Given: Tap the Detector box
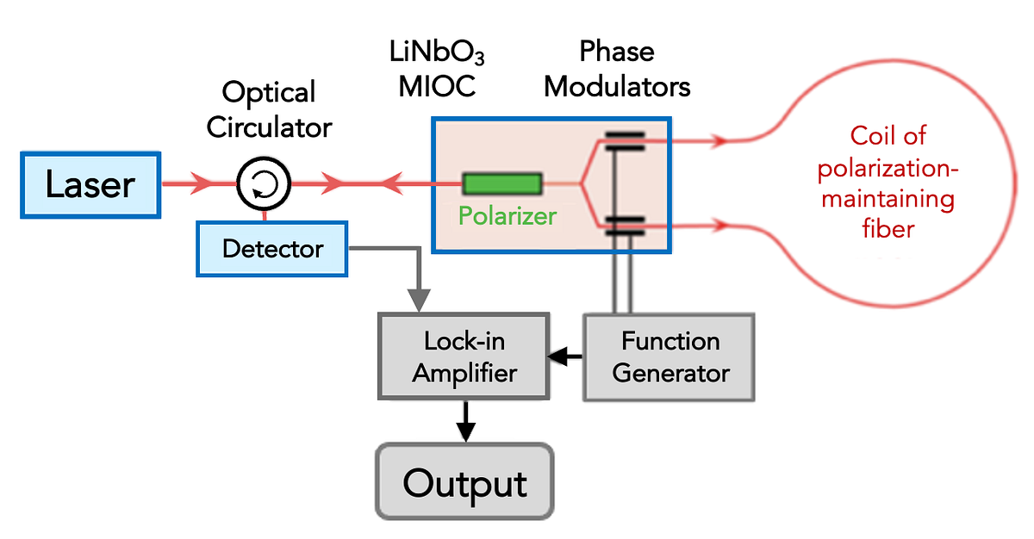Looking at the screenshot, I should click(271, 250).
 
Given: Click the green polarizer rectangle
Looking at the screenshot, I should click(502, 183).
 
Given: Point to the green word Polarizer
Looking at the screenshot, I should click(507, 215).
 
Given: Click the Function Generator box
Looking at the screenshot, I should click(670, 356).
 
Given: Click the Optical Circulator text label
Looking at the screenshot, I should click(268, 109).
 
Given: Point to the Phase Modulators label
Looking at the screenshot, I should click(617, 70).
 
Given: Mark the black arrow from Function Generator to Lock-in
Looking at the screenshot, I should click(564, 355).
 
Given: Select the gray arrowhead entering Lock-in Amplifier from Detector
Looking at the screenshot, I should click(419, 301).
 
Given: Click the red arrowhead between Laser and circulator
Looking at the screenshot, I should click(203, 183).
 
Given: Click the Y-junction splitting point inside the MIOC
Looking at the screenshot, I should click(582, 183).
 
